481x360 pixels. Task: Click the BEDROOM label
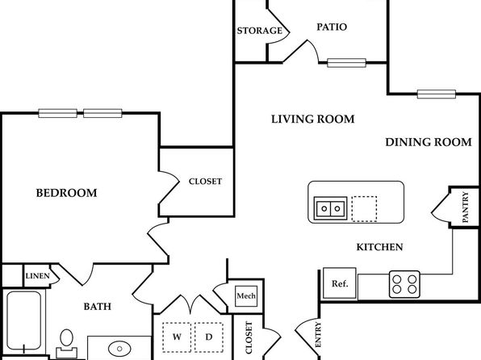[x=66, y=193]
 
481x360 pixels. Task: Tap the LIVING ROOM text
[x=312, y=119]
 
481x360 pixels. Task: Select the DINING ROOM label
[x=429, y=142]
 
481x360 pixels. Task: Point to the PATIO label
[x=332, y=27]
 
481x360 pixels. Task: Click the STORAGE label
[x=260, y=31]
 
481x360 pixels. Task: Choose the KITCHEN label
[x=379, y=247]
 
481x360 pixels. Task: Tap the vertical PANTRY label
[x=466, y=207]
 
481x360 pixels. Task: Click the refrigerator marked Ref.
[x=340, y=283]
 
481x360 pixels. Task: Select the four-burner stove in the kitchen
[x=404, y=284]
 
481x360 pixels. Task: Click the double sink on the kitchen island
[x=331, y=209]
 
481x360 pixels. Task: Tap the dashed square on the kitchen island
[x=364, y=209]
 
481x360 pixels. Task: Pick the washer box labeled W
[x=177, y=337]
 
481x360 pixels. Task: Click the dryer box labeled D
[x=209, y=337]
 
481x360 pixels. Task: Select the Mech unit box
[x=246, y=296]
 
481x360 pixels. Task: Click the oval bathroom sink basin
[x=119, y=349]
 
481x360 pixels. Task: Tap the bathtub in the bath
[x=24, y=320]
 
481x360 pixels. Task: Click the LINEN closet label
[x=37, y=276]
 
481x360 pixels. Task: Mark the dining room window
[x=437, y=94]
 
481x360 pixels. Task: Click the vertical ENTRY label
[x=318, y=334]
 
